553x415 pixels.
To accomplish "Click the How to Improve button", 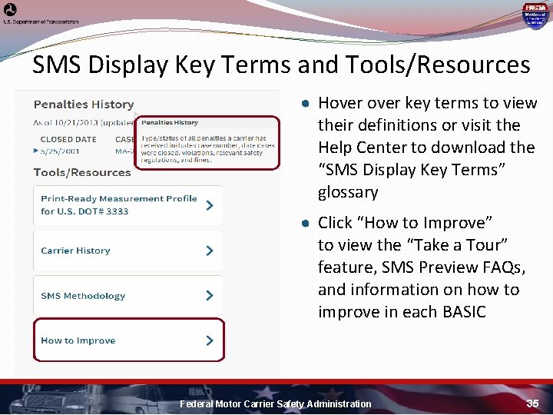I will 78,340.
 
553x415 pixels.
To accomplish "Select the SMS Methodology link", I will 83,296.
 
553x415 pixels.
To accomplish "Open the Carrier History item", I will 75,251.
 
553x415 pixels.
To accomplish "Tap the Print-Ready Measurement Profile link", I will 118,204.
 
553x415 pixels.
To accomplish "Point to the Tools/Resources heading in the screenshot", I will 82,172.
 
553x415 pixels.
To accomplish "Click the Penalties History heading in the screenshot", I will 84,105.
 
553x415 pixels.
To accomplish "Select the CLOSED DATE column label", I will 68,140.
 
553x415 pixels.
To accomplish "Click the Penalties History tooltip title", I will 169,122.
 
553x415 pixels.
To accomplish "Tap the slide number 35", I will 533,403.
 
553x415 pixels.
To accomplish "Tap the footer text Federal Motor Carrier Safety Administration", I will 275,403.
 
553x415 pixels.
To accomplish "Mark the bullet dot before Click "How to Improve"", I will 305,224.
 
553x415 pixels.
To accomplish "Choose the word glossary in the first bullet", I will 348,192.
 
